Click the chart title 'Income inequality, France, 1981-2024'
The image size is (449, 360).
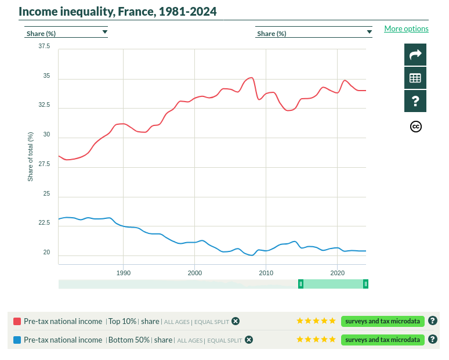(x=118, y=11)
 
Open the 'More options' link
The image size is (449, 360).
(x=406, y=28)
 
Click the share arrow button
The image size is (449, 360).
(x=415, y=55)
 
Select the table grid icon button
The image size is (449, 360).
(x=415, y=78)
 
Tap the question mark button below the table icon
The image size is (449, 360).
(x=415, y=101)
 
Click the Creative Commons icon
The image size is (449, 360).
(x=415, y=127)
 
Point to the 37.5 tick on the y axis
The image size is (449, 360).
(x=44, y=46)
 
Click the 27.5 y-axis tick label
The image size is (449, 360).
(x=44, y=165)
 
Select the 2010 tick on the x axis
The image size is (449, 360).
(x=266, y=272)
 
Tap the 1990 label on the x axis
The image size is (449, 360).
(x=123, y=272)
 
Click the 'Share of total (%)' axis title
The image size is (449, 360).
(x=30, y=156)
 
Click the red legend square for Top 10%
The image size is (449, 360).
(x=17, y=321)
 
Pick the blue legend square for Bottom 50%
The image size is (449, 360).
(x=17, y=340)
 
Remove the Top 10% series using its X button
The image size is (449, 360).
(x=236, y=321)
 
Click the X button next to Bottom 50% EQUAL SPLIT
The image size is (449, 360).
(x=248, y=340)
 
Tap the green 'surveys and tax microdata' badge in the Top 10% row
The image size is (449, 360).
(x=383, y=321)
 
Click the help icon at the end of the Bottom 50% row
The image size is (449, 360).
(x=432, y=340)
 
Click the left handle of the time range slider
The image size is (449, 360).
(x=300, y=284)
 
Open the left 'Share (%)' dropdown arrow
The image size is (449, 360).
(x=105, y=33)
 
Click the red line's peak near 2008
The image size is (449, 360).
(x=251, y=78)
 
